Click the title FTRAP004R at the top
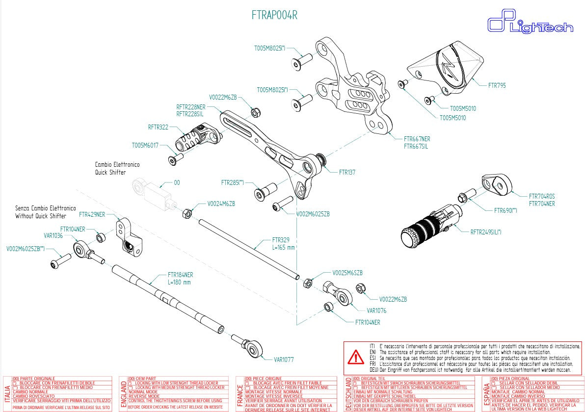pos(274,15)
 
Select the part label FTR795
pos(497,85)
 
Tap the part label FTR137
pos(347,172)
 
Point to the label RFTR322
pos(158,127)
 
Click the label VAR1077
pos(284,359)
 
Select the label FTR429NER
pos(92,214)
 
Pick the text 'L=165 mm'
pos(284,247)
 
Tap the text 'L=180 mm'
pos(179,282)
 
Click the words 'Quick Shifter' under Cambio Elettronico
pos(110,172)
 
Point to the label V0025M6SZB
pos(347,273)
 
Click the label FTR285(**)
pos(233,182)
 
